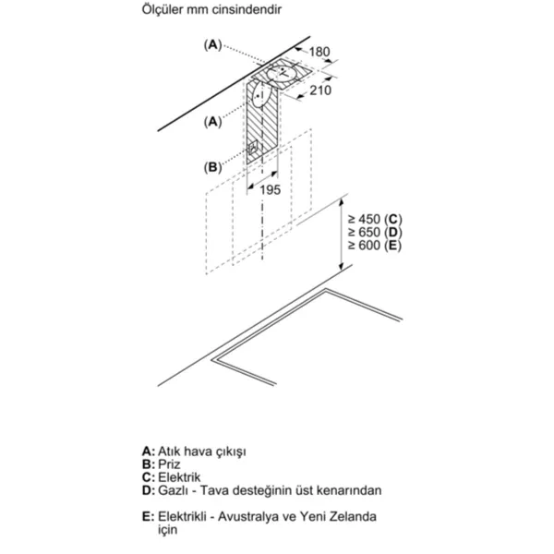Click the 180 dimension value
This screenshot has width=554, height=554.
(x=319, y=52)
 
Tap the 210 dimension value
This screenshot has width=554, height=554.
(x=320, y=90)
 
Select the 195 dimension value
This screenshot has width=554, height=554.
(x=271, y=190)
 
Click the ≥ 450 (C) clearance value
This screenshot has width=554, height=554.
(x=375, y=220)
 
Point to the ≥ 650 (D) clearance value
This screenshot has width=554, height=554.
(x=375, y=233)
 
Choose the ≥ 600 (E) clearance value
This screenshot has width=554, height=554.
(x=375, y=246)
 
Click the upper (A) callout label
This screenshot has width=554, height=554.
(x=212, y=45)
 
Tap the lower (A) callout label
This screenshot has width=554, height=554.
(x=212, y=122)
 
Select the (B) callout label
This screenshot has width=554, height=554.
(x=212, y=167)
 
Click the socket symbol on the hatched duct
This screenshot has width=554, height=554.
(x=253, y=148)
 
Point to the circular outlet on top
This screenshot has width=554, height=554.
(x=283, y=73)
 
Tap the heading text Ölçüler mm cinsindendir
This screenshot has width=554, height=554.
(x=211, y=9)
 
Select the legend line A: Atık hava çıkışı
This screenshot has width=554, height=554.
(x=194, y=452)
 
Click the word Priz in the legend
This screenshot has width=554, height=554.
(x=169, y=464)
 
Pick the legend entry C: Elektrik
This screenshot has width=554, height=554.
(x=172, y=477)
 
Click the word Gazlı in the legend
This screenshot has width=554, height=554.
(x=174, y=490)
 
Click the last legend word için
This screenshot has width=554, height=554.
(x=167, y=530)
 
